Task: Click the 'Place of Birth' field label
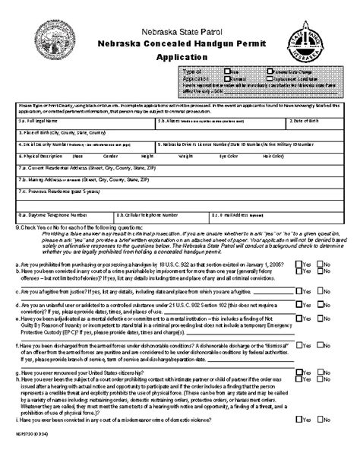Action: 58,132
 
